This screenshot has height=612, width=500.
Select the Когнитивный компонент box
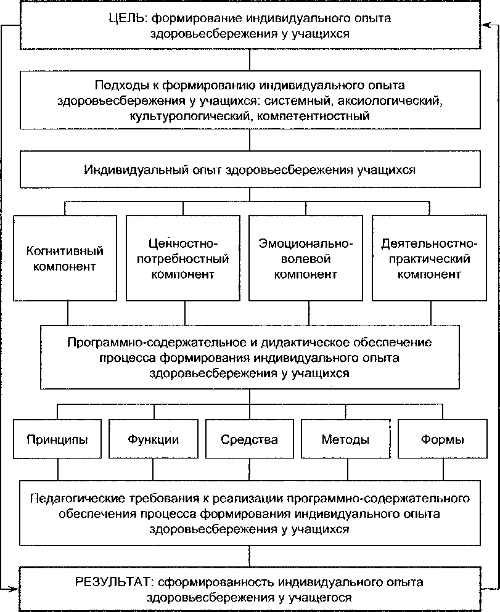pyautogui.click(x=65, y=258)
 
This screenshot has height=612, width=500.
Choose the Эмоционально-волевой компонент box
pyautogui.click(x=306, y=258)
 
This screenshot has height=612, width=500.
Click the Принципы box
pyautogui.click(x=57, y=439)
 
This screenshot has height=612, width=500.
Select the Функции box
pyautogui.click(x=154, y=439)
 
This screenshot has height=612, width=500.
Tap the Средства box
pyautogui.click(x=250, y=439)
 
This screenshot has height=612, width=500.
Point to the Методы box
pyautogui.click(x=346, y=439)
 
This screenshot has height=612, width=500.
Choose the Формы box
pyautogui.click(x=442, y=439)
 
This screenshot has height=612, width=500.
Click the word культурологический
pyautogui.click(x=179, y=115)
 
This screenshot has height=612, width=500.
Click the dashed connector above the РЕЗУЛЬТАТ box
pyautogui.click(x=250, y=553)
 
